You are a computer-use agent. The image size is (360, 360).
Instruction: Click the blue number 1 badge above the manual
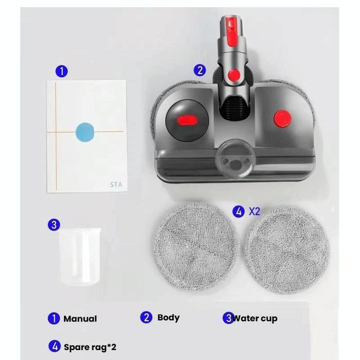click(61, 71)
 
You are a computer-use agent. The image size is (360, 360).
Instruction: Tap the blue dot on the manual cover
click(85, 131)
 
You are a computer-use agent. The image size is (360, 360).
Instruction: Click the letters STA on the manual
click(116, 184)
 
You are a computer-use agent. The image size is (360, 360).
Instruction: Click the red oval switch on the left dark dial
click(187, 120)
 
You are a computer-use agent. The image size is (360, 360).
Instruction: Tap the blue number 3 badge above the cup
click(54, 224)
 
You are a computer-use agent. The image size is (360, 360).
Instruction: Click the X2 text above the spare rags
click(255, 211)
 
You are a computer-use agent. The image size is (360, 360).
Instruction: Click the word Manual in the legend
click(80, 319)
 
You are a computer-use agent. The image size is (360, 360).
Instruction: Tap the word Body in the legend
click(168, 318)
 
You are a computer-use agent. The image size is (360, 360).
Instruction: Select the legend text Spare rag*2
click(86, 347)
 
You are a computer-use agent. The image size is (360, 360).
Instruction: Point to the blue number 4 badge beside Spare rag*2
click(53, 347)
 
